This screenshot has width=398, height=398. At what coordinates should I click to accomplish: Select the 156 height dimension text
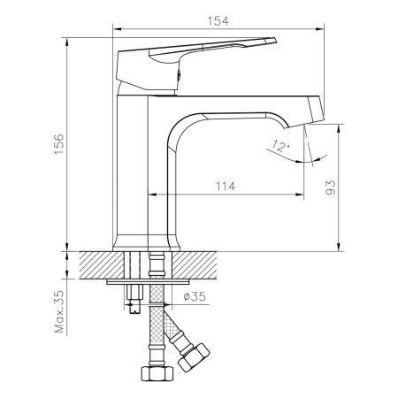57,146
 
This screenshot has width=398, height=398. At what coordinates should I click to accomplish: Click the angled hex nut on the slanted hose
193,358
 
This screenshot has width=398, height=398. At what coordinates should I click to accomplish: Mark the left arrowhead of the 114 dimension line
151,194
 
